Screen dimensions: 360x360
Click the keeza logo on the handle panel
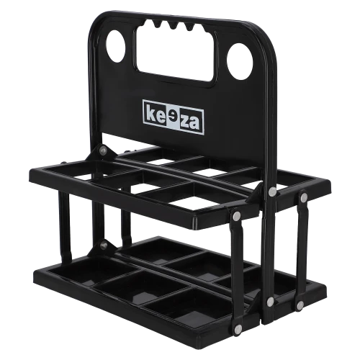[x=174, y=117]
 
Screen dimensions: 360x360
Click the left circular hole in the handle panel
[x=116, y=46]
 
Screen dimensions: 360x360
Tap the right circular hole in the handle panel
[x=240, y=62]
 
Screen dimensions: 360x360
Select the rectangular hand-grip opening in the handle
[x=176, y=52]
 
